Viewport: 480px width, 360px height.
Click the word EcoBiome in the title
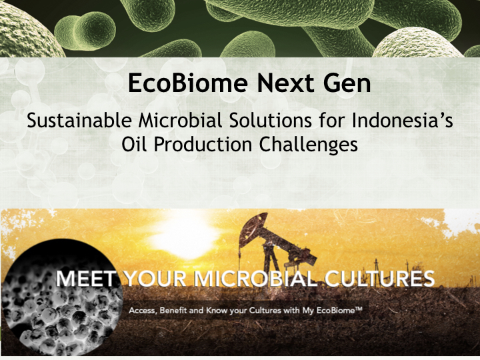pos(187,83)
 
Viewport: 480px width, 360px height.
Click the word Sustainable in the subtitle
pos(79,120)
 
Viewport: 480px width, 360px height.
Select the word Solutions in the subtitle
pos(270,120)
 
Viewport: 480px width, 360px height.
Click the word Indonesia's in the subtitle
pos(402,120)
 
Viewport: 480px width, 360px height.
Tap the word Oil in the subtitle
pos(134,144)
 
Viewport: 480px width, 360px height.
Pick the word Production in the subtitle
pos(203,144)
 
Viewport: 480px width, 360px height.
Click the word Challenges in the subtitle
pos(309,145)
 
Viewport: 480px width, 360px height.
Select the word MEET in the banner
pos(86,279)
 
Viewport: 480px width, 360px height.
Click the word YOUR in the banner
pos(156,279)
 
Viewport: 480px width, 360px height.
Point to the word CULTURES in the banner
pos(379,279)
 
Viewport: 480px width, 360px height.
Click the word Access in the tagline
pos(143,311)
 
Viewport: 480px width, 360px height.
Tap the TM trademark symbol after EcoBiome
pos(358,309)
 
